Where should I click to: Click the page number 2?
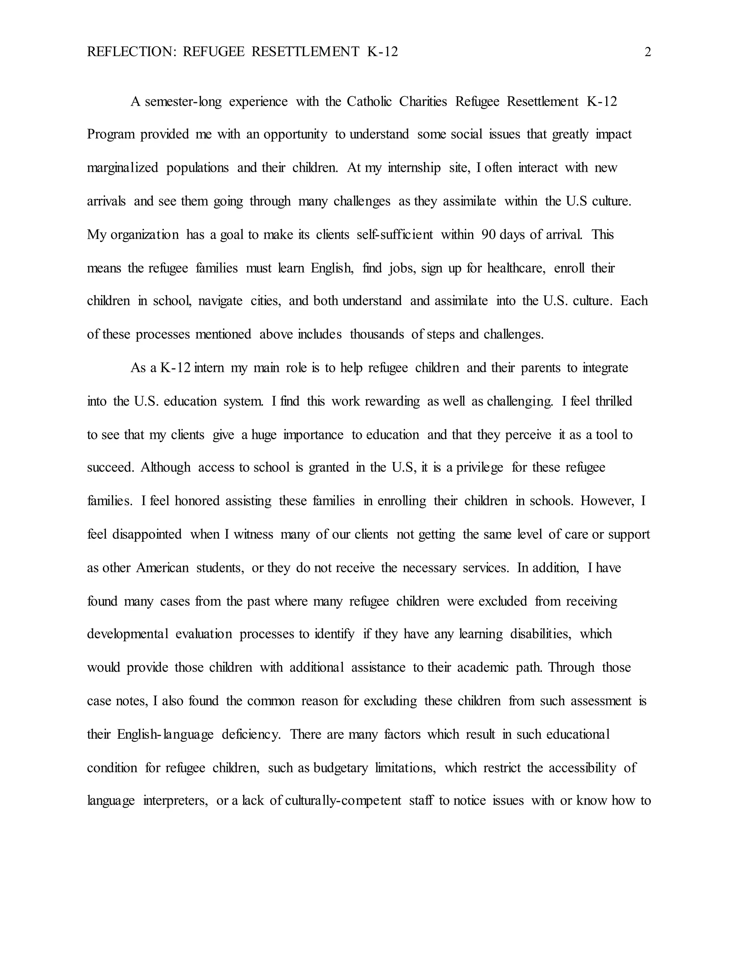click(648, 52)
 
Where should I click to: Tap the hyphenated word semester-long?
click(183, 102)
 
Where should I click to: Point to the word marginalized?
click(123, 168)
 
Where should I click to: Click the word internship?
click(414, 168)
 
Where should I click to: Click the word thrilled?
click(613, 401)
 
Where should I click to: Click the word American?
click(162, 568)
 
